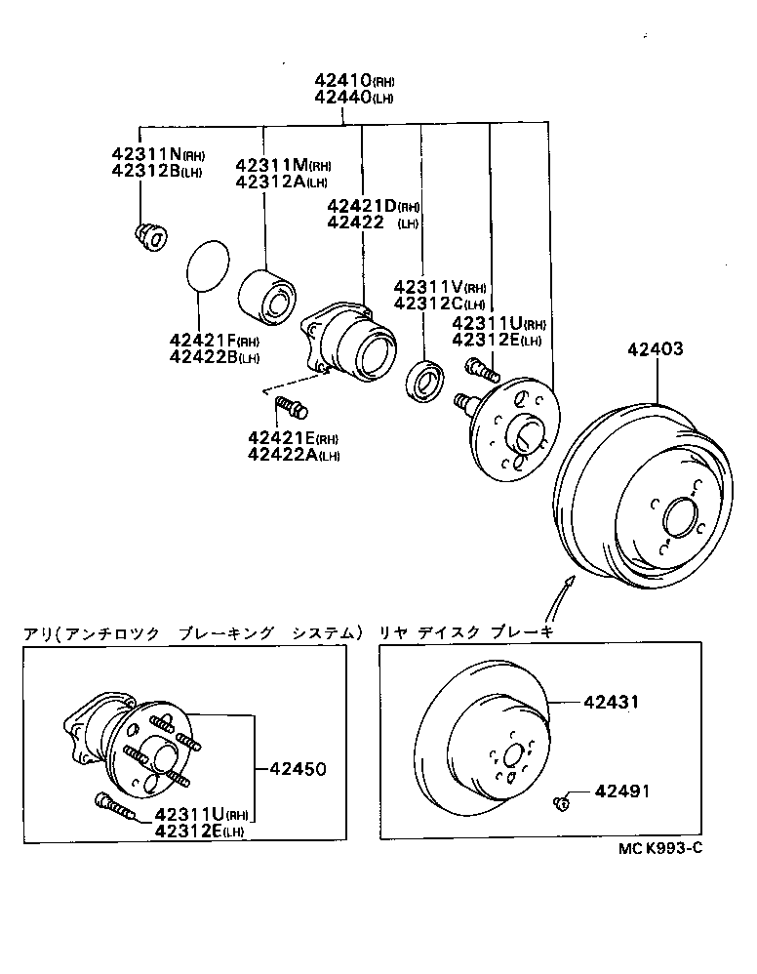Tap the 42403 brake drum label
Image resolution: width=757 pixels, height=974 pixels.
(x=655, y=348)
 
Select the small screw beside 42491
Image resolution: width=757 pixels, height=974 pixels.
(x=562, y=803)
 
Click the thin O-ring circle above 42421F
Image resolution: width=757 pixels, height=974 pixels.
(x=207, y=264)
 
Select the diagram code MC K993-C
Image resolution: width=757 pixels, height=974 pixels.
(x=659, y=848)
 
